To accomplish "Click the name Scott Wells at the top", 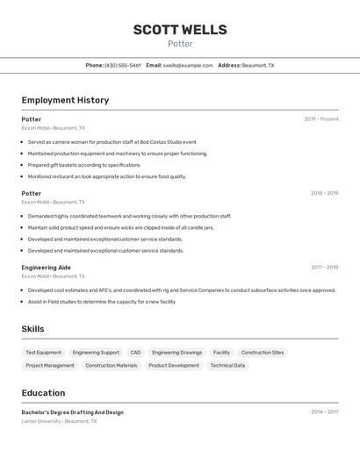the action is coord(180,29).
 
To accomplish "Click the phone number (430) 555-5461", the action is coord(123,65).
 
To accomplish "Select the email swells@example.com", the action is coord(188,65).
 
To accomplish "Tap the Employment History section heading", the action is coord(65,100).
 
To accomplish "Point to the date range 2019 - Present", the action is coord(321,119).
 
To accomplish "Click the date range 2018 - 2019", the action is coord(324,193).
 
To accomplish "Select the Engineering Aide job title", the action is coord(47,268).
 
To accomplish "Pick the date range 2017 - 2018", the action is coord(324,268).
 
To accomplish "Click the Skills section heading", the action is coord(33,329).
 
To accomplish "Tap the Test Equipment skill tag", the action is coord(44,353).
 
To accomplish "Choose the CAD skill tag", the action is coord(135,353).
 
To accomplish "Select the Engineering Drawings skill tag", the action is coord(176,353).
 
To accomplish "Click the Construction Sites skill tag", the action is coord(263,353).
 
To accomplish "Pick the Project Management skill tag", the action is coord(50,365).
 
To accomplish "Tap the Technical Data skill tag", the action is coord(227,365).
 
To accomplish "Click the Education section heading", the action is coord(43,393).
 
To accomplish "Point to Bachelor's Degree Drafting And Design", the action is coord(73,411).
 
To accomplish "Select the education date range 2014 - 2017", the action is coord(324,411).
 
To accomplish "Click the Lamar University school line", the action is coord(60,421).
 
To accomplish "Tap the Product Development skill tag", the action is coord(174,365).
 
